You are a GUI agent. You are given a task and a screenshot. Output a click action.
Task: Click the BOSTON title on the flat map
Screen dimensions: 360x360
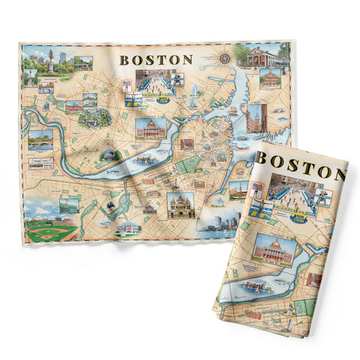tap(156, 58)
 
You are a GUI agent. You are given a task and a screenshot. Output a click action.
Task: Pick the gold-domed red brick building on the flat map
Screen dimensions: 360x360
tap(150, 128)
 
